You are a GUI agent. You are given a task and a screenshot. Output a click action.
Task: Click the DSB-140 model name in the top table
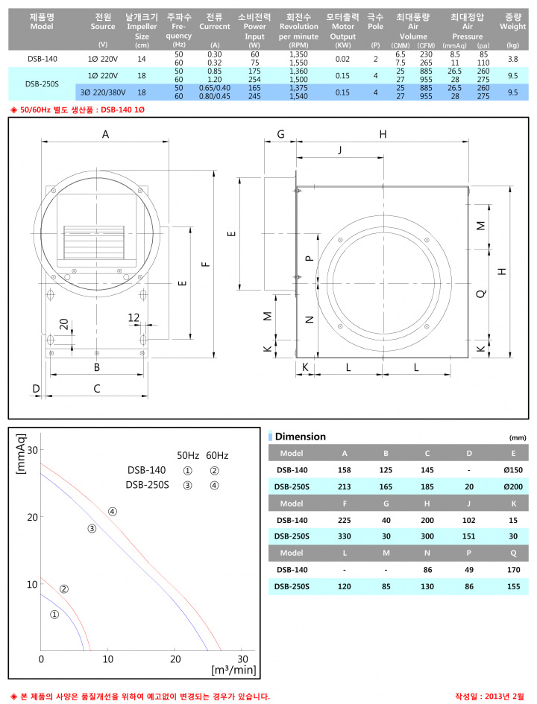coord(43,59)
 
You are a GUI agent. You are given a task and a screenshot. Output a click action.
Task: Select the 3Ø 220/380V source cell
coord(103,92)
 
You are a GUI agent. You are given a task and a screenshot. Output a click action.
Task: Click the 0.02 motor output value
coord(342,59)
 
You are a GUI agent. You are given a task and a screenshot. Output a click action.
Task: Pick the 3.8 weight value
coord(512,59)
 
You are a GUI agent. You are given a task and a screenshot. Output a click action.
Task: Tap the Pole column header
coord(375,22)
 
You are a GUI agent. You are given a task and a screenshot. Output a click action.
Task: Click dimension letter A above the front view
coord(106,134)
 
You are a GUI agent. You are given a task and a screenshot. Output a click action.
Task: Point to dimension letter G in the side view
coord(280,134)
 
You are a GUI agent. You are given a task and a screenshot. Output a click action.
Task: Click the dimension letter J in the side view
coord(339,150)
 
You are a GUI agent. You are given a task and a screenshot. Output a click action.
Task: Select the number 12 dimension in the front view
coord(134,317)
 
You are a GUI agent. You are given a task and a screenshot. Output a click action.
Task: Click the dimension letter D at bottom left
coord(36,388)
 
